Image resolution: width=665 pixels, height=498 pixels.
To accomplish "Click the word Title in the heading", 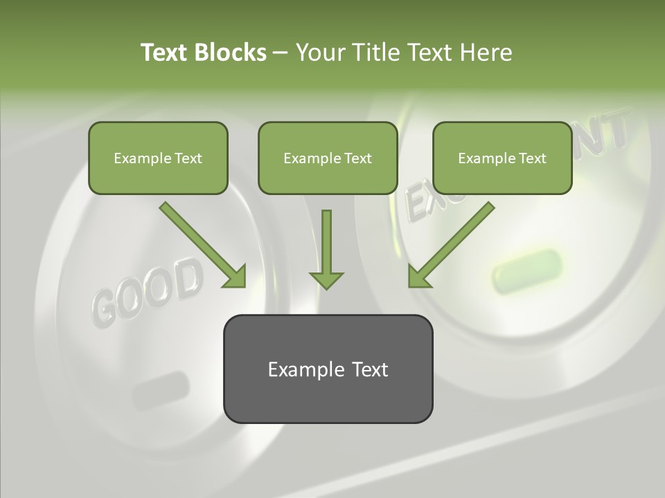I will [x=375, y=53].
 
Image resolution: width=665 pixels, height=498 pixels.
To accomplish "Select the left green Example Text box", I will [x=158, y=158].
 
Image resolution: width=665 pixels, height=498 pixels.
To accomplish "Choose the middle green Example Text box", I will [x=328, y=158].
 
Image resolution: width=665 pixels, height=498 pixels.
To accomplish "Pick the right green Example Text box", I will [x=502, y=158].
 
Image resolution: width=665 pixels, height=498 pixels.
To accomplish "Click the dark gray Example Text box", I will [x=328, y=369].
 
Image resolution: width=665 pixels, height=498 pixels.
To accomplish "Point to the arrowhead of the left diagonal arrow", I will [x=236, y=277].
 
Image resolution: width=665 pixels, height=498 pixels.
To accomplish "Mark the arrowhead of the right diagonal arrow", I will [x=418, y=277].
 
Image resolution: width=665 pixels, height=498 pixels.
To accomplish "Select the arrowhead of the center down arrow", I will [x=326, y=280].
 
